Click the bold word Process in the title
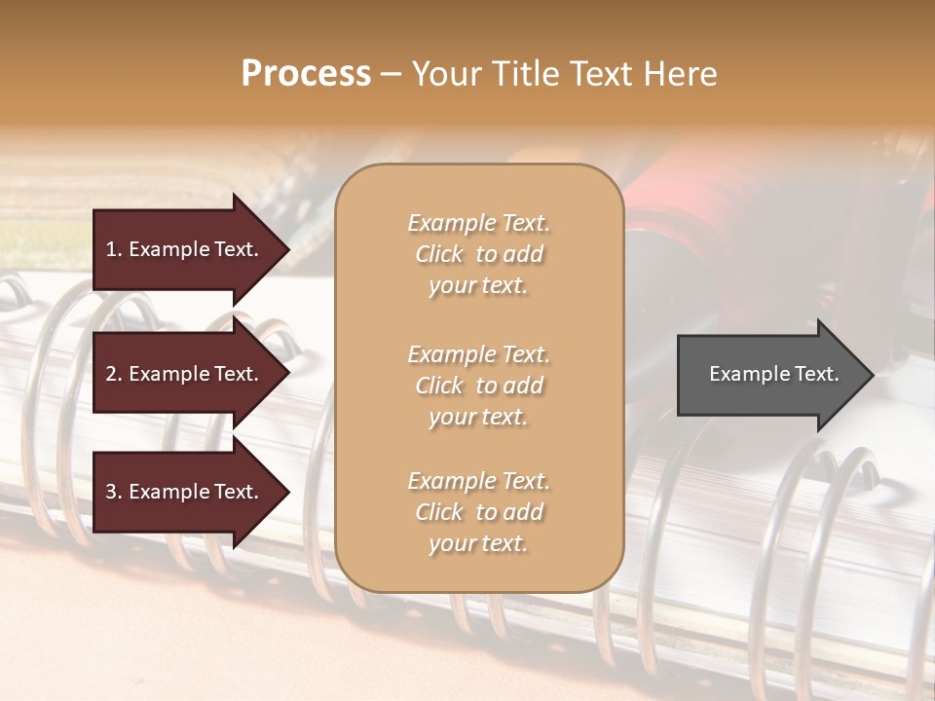click(x=306, y=74)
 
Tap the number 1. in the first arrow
click(x=114, y=249)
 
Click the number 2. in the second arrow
click(x=114, y=374)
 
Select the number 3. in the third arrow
click(x=114, y=492)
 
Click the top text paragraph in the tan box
click(x=478, y=254)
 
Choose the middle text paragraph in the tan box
click(x=478, y=386)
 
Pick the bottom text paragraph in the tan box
click(x=478, y=512)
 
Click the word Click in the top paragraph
click(x=438, y=254)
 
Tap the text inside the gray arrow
click(x=773, y=374)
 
